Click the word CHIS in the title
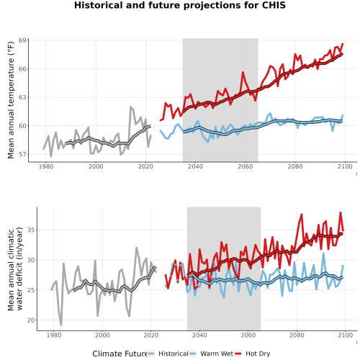(x=274, y=5)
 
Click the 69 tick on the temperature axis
(x=22, y=40)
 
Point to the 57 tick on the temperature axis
(x=22, y=154)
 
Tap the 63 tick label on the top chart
(x=22, y=97)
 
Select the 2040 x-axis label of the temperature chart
(x=195, y=166)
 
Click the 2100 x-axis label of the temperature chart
(x=345, y=166)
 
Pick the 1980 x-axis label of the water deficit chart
(x=54, y=335)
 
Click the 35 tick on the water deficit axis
(x=31, y=230)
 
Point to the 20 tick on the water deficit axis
(x=31, y=320)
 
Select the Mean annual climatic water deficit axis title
(x=15, y=269)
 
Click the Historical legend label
(x=174, y=354)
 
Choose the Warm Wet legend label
(x=217, y=354)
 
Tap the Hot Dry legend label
(x=258, y=354)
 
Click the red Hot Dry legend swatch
(x=238, y=354)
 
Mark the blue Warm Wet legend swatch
(x=193, y=354)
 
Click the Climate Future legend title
(x=120, y=354)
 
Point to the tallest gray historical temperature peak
(x=131, y=107)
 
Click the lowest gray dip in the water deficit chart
(x=61, y=325)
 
